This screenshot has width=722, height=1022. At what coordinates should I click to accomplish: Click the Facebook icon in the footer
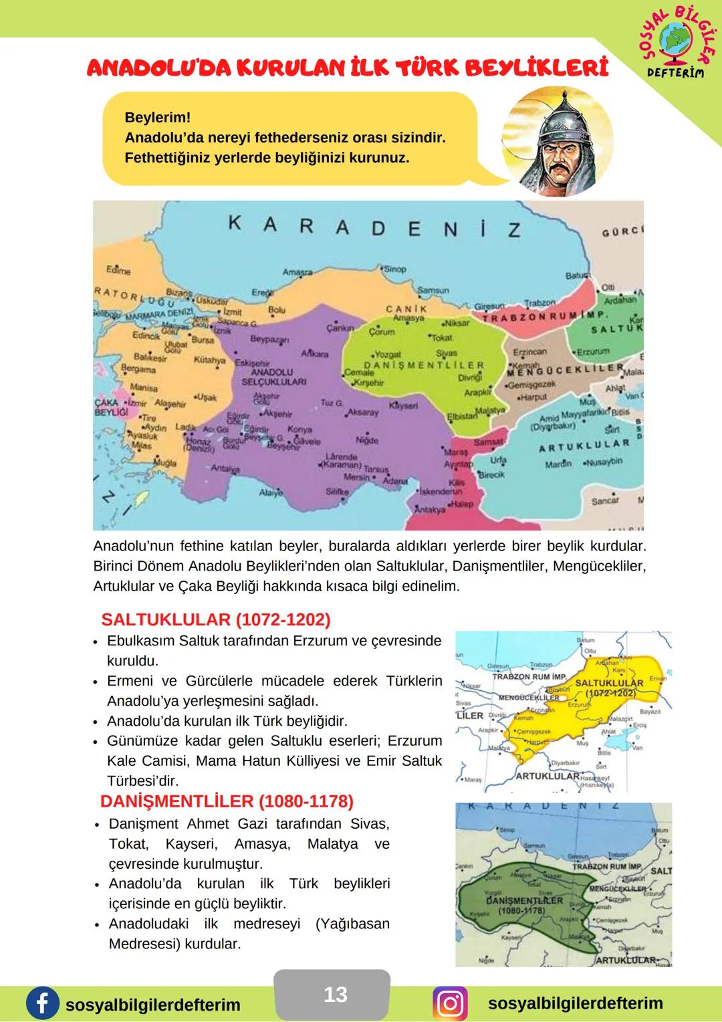click(x=42, y=1004)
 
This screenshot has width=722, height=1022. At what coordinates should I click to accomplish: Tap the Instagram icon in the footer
click(x=451, y=1004)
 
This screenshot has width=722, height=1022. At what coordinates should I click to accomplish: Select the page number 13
click(x=335, y=995)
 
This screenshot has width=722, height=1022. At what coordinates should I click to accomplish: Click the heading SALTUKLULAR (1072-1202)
click(x=216, y=619)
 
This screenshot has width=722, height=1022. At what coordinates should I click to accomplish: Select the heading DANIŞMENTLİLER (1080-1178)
click(x=227, y=801)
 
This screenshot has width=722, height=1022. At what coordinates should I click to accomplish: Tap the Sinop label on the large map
click(x=395, y=269)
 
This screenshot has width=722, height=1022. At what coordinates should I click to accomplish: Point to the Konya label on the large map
click(x=299, y=430)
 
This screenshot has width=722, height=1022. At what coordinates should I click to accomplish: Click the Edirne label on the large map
click(x=118, y=271)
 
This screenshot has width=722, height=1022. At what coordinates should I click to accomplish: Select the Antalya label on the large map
click(x=225, y=469)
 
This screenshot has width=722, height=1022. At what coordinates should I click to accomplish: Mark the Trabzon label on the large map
click(x=539, y=303)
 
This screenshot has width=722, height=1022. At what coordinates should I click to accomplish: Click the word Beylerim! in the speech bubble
click(x=158, y=117)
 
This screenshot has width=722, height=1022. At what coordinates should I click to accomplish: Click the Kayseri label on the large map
click(x=403, y=406)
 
